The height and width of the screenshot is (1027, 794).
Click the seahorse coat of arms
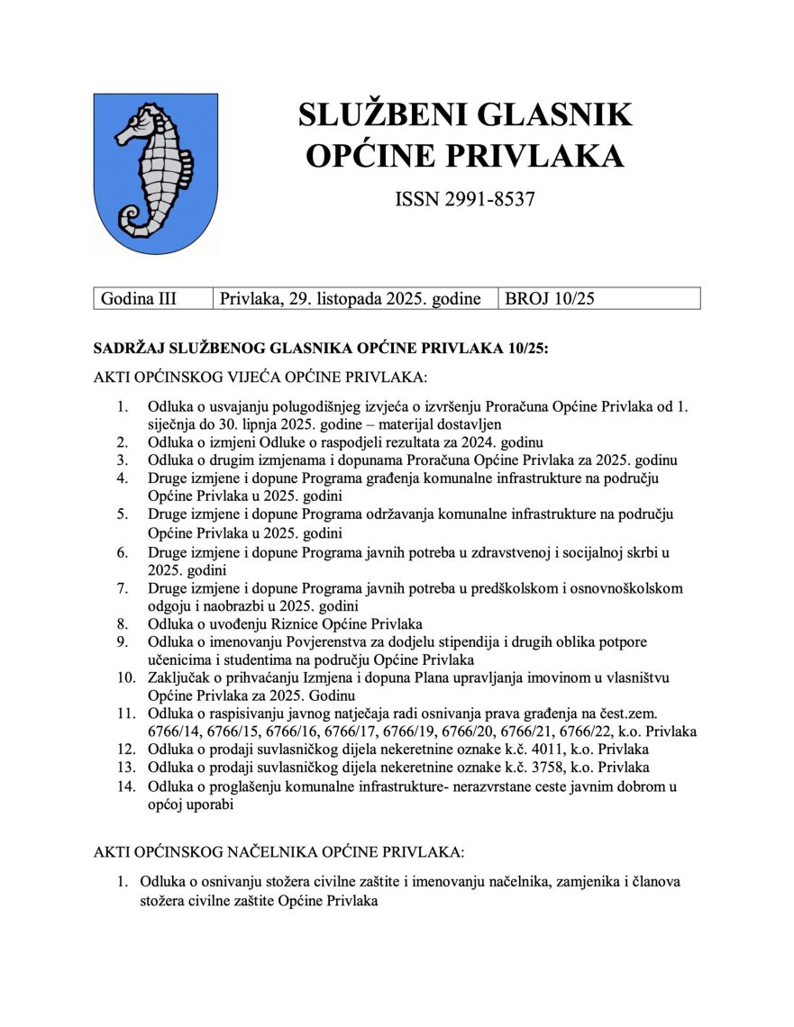coord(155,173)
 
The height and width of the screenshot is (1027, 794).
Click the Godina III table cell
coord(139,298)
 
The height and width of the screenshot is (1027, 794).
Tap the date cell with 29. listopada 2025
coord(350,298)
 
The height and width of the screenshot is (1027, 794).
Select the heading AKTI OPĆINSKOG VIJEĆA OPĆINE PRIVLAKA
coord(260,376)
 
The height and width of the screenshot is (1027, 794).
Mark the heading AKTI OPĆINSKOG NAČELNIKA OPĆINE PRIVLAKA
coord(278,851)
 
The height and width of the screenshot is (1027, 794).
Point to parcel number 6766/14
coord(177,732)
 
